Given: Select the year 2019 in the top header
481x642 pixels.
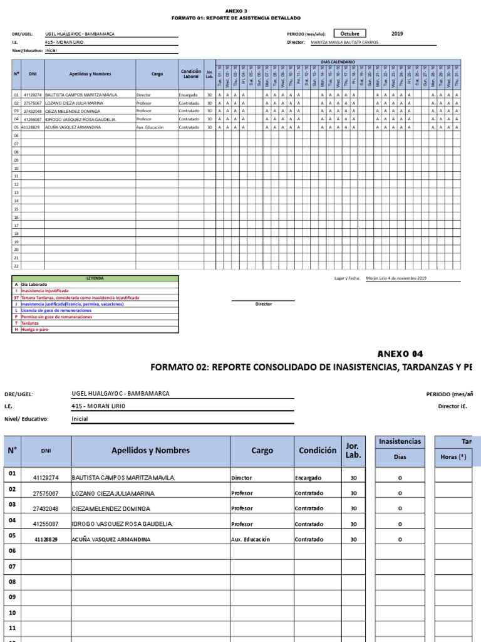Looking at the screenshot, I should pyautogui.click(x=398, y=34).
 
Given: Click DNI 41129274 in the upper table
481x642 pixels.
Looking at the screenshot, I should pyautogui.click(x=32, y=94).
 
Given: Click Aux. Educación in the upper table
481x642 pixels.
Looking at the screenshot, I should pyautogui.click(x=150, y=127).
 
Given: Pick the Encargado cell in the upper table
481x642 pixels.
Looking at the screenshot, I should pyautogui.click(x=188, y=94).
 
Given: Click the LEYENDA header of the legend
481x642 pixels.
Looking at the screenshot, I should pyautogui.click(x=95, y=278).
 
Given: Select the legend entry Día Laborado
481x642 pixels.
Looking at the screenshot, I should pyautogui.click(x=34, y=285).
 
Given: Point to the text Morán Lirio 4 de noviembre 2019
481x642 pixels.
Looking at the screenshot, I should pyautogui.click(x=396, y=278).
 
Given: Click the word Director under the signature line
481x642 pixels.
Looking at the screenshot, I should pyautogui.click(x=264, y=304).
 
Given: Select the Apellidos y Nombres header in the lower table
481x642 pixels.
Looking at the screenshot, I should pyautogui.click(x=150, y=450).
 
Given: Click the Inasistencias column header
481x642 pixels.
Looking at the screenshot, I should pyautogui.click(x=400, y=441).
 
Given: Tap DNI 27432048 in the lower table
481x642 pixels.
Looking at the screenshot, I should pyautogui.click(x=46, y=509).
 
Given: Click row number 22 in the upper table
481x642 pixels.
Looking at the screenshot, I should pyautogui.click(x=16, y=265).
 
